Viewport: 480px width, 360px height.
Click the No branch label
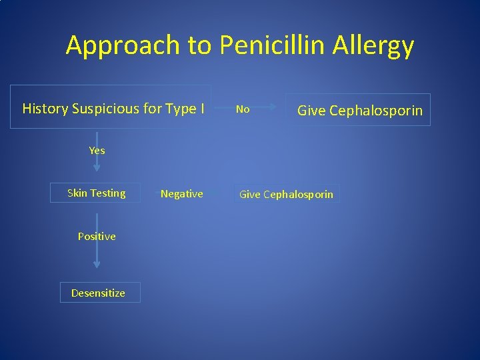[x=243, y=109]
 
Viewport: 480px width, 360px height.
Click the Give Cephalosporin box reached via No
[x=359, y=110]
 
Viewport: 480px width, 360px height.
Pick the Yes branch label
[x=97, y=151]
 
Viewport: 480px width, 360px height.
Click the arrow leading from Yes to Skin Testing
[x=97, y=164]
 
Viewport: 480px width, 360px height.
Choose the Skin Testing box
[x=96, y=193]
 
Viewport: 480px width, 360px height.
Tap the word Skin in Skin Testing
[x=77, y=193]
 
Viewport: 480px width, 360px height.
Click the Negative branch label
[x=181, y=193]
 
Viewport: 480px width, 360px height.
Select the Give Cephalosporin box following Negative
[x=286, y=194]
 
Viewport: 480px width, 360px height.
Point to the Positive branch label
[x=97, y=236]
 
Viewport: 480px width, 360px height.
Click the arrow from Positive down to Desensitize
[x=97, y=257]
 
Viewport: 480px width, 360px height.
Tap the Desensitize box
[x=99, y=293]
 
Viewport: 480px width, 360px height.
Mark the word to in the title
[x=198, y=45]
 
